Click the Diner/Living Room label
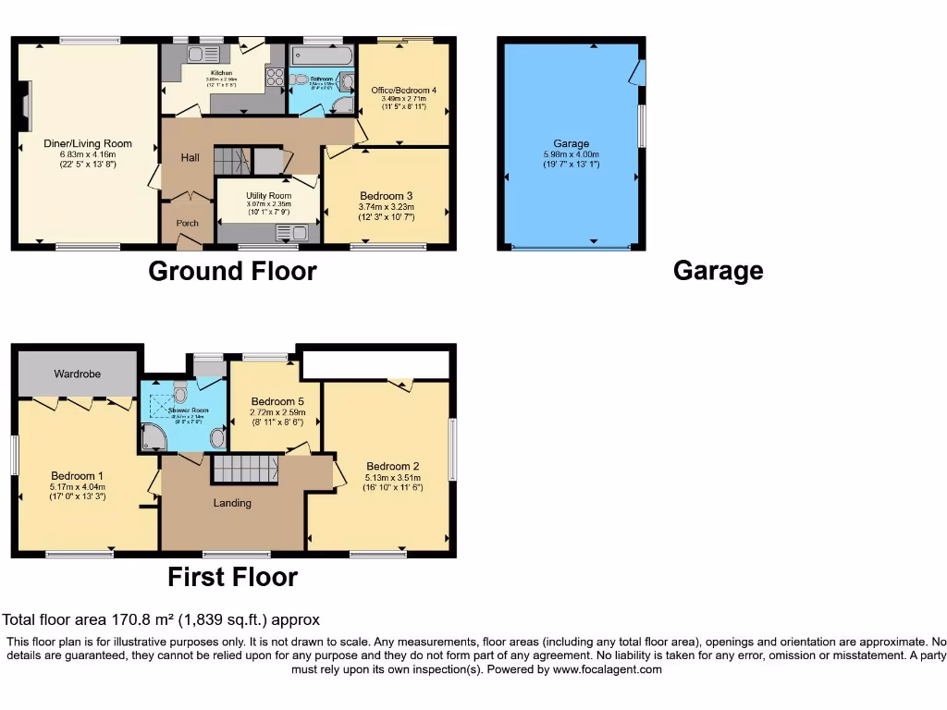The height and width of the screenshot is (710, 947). [88, 143]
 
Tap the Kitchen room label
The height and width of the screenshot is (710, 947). [221, 72]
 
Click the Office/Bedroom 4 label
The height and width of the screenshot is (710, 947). [404, 90]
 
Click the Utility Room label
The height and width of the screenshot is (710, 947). [268, 196]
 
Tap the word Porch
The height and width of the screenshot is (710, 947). [187, 223]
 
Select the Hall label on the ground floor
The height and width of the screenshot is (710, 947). [190, 158]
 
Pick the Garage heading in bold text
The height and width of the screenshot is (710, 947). [718, 271]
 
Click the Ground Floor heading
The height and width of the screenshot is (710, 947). [232, 271]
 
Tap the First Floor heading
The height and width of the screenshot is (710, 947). [232, 577]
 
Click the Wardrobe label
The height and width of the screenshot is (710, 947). [77, 373]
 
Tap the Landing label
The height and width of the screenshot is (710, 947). [232, 503]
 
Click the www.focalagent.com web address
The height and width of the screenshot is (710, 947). [608, 669]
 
